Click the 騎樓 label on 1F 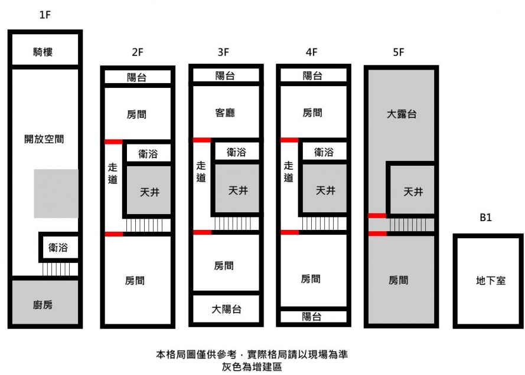[43, 52]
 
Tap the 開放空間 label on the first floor [44, 140]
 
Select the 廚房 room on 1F [43, 304]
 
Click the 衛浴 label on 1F [58, 248]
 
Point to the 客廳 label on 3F [224, 113]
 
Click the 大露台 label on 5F [402, 114]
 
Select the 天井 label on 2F [149, 192]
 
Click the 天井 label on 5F [413, 192]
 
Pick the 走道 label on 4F [288, 172]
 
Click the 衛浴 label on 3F [236, 153]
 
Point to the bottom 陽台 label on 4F [312, 317]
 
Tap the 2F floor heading [138, 52]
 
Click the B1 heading [485, 218]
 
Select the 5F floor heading [398, 52]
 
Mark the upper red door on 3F [203, 140]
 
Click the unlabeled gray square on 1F [56, 193]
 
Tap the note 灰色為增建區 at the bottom [248, 366]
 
